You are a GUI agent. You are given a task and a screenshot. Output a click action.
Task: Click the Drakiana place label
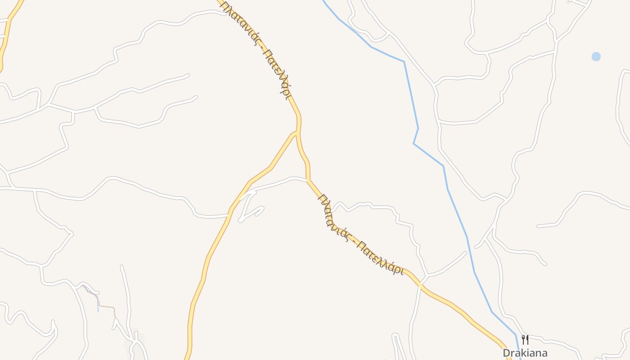(x=525, y=353)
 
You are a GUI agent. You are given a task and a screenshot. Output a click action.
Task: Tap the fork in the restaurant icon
(x=523, y=338)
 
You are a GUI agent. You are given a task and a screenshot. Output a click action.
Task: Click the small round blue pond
(x=596, y=56)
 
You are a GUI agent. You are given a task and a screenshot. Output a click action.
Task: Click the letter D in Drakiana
(x=507, y=353)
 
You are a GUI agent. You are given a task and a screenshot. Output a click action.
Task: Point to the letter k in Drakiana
(x=521, y=353)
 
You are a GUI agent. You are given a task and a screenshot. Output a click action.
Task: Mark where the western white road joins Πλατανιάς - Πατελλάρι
(x=308, y=180)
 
